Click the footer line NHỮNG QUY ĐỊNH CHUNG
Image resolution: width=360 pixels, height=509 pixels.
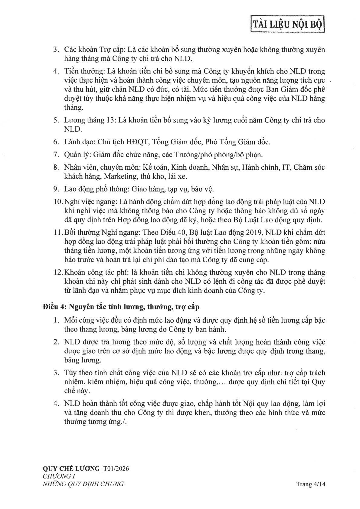(x=83, y=484)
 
